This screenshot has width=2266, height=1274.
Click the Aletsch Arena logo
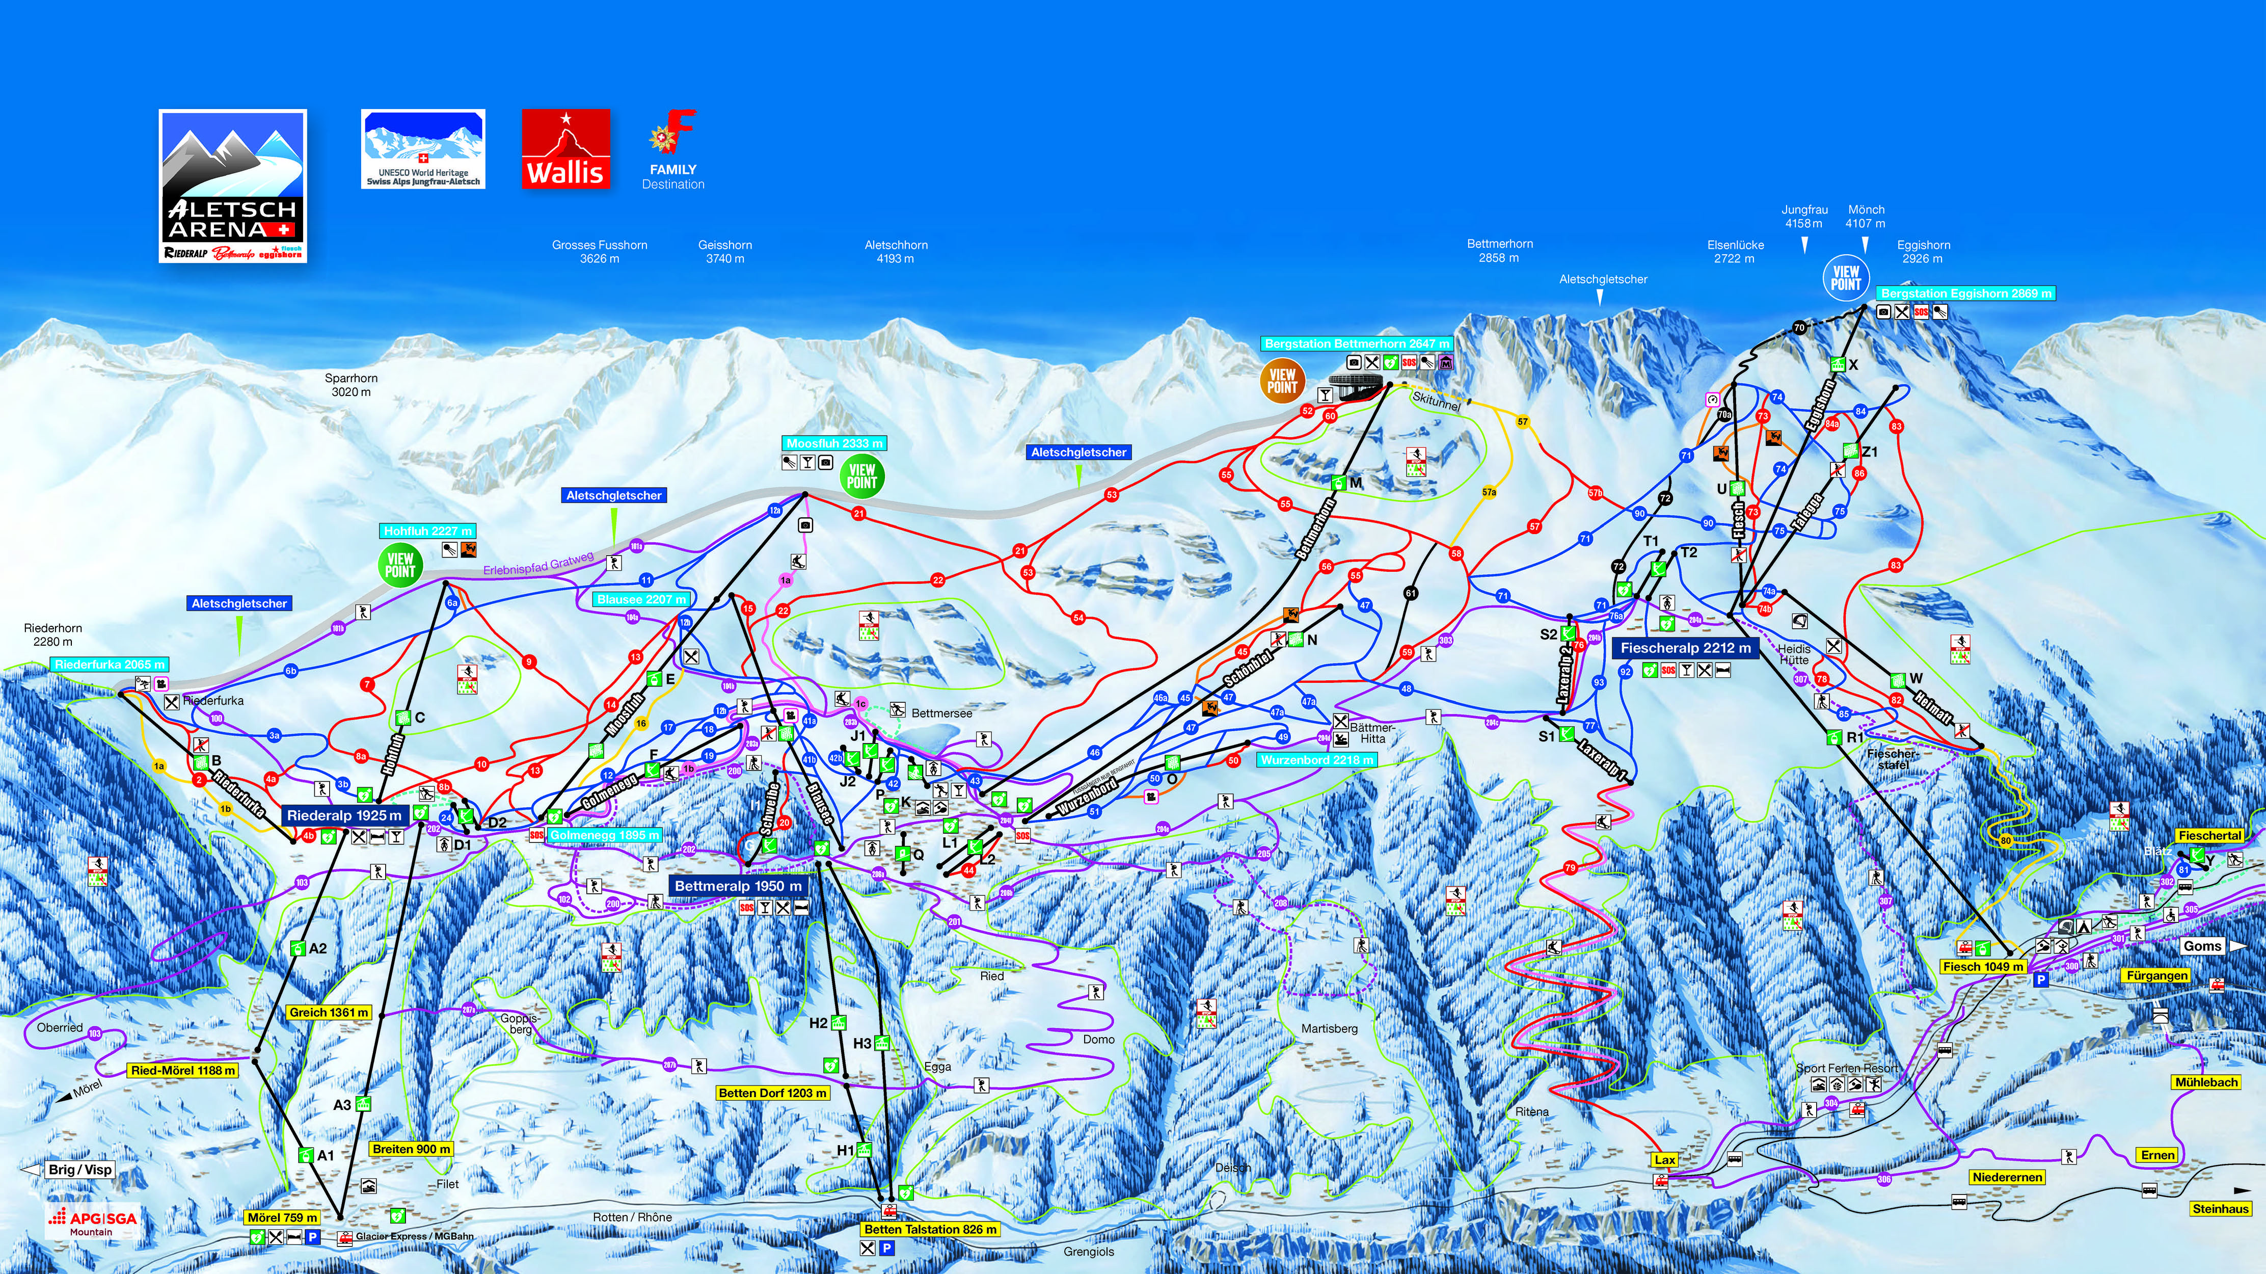click(232, 185)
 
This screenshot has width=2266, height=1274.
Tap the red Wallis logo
click(565, 149)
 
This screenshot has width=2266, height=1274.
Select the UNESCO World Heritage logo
click(423, 149)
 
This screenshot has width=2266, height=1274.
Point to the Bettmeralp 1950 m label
click(738, 886)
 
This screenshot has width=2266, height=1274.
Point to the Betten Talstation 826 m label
click(930, 1229)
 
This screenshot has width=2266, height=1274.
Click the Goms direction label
click(2202, 946)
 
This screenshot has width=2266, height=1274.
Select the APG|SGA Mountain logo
click(92, 1221)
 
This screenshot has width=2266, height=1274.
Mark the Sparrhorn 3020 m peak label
click(351, 384)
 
